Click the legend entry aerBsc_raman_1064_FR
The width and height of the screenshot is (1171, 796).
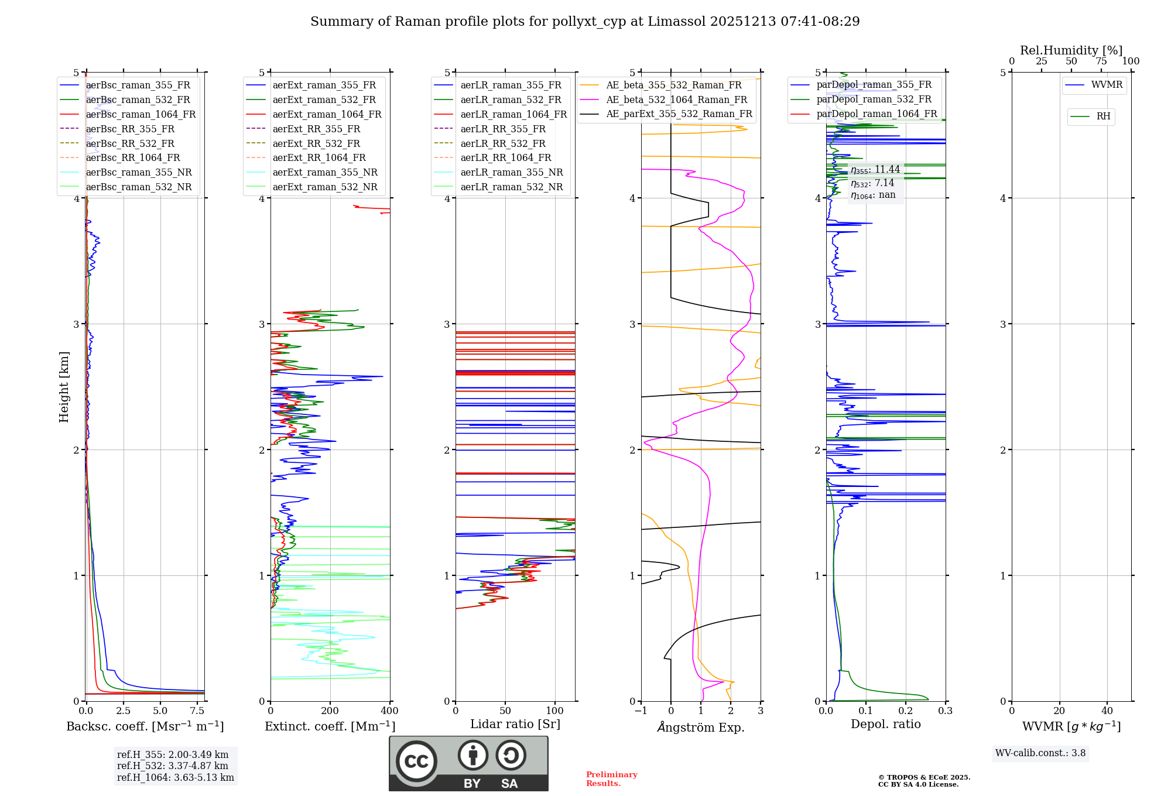point(141,115)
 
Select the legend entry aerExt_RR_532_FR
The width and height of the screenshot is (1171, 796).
point(316,143)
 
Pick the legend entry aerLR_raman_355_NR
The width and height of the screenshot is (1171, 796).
point(511,173)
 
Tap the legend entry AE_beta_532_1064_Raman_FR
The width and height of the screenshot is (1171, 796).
point(676,100)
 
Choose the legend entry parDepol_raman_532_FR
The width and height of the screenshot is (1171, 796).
point(874,99)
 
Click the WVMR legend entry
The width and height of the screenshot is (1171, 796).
point(1107,85)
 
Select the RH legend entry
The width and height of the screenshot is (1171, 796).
point(1103,116)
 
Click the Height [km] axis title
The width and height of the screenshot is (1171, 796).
point(64,387)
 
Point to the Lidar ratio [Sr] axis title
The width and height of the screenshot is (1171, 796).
point(515,724)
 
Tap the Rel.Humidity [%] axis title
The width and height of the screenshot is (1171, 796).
point(1071,50)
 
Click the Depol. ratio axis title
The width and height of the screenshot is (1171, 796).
point(885,724)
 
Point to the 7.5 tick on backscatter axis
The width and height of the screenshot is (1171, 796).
point(197,711)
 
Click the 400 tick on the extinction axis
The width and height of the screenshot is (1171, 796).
point(390,711)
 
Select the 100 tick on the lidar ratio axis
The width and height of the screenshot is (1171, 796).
point(555,711)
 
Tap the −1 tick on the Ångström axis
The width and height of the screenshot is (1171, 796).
point(641,711)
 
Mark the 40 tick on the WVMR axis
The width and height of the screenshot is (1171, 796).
point(1107,711)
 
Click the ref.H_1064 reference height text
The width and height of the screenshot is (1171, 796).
point(175,778)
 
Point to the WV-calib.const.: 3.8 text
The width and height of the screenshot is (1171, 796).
point(1040,753)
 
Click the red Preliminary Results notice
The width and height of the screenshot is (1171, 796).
point(611,779)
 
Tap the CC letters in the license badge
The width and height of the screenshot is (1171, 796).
point(416,761)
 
